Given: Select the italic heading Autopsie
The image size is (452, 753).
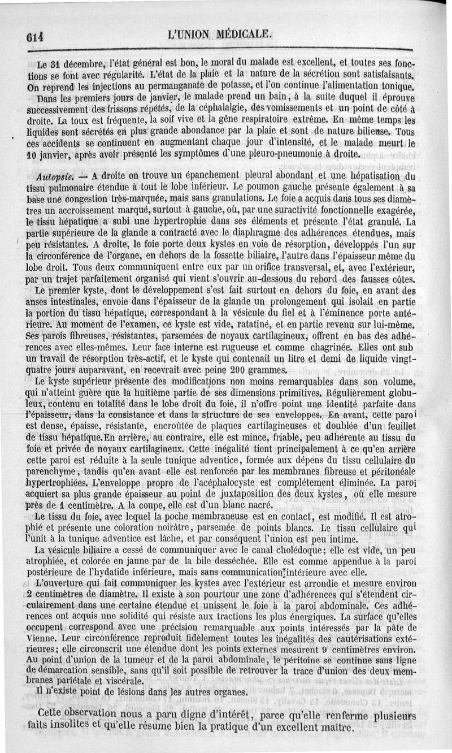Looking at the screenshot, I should point(50,176).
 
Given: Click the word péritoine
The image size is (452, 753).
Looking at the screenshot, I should point(317,660).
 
